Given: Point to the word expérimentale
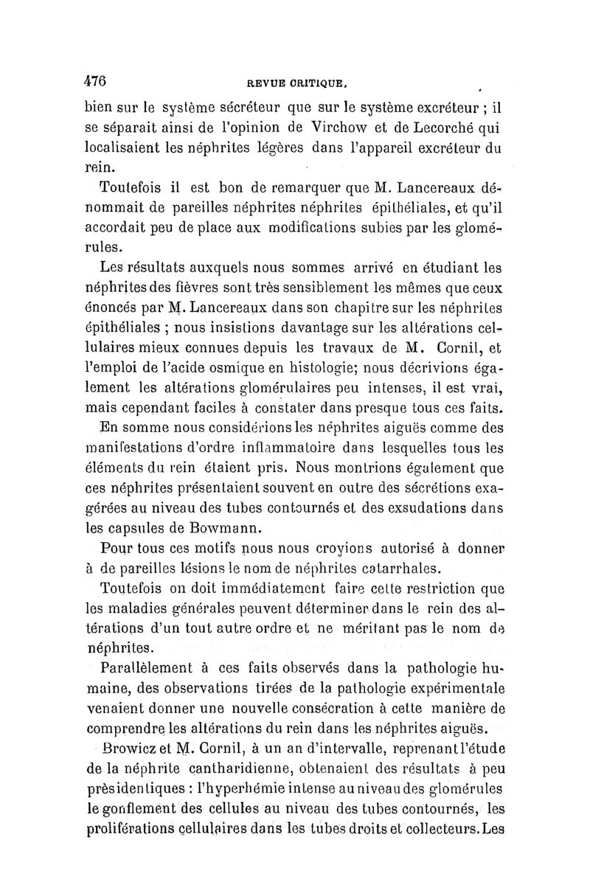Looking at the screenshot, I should (x=445, y=689).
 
